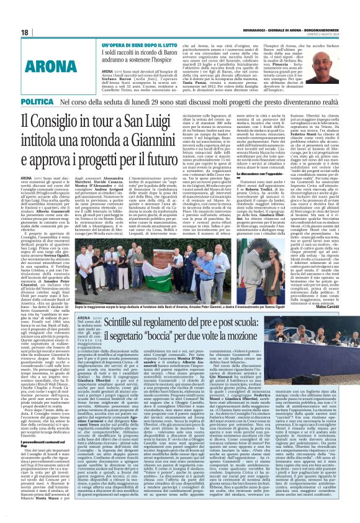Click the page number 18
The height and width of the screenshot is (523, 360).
click(x=24, y=32)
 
